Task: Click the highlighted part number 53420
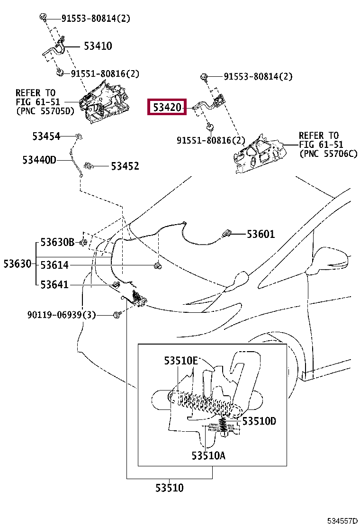pyautogui.click(x=167, y=107)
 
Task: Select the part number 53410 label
pyautogui.click(x=98, y=45)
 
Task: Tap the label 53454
pyautogui.click(x=46, y=136)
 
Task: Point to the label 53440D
pyautogui.click(x=39, y=160)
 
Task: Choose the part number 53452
pyautogui.click(x=125, y=166)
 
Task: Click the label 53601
pyautogui.click(x=261, y=234)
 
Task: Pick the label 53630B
pyautogui.click(x=57, y=242)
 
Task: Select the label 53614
pyautogui.click(x=54, y=265)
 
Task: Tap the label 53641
pyautogui.click(x=54, y=285)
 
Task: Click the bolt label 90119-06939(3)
pyautogui.click(x=62, y=315)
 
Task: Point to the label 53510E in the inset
pyautogui.click(x=181, y=361)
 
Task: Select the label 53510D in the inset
pyautogui.click(x=259, y=421)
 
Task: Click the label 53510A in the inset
pyautogui.click(x=208, y=455)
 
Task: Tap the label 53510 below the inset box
pyautogui.click(x=169, y=488)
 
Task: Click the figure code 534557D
pyautogui.click(x=342, y=521)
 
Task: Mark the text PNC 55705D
pyautogui.click(x=47, y=111)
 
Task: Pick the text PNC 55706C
pyautogui.click(x=331, y=154)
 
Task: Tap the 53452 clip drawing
pyautogui.click(x=88, y=165)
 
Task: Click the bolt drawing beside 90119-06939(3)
pyautogui.click(x=116, y=315)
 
